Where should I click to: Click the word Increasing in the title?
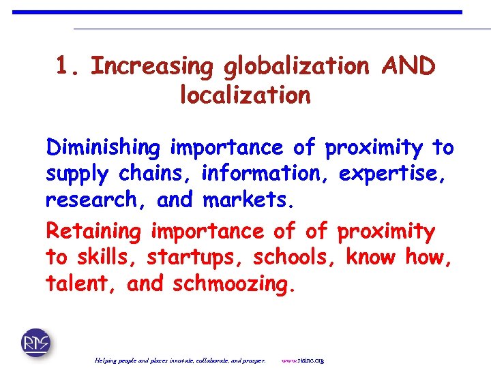152,66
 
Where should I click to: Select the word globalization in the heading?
296,66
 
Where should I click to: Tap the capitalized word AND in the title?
408,66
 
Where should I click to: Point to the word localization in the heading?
245,95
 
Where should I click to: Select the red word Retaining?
93,232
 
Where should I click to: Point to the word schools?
296,258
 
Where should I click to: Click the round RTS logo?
35,342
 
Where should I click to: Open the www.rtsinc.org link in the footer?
303,360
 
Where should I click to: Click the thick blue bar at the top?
237,12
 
